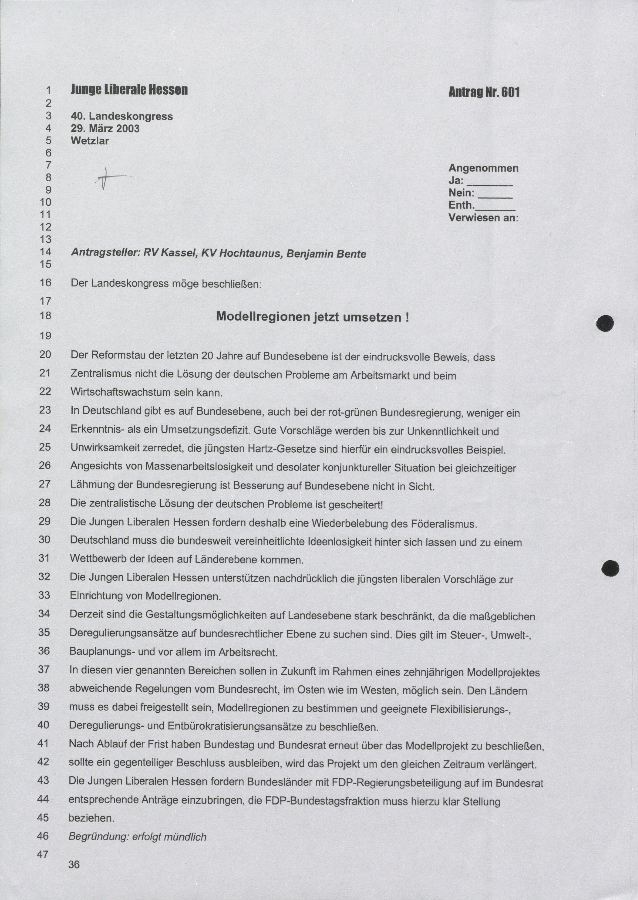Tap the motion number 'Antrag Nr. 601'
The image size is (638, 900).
[x=484, y=92]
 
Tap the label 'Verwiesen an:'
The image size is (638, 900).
[x=483, y=218]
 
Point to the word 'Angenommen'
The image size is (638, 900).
[x=483, y=168]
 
